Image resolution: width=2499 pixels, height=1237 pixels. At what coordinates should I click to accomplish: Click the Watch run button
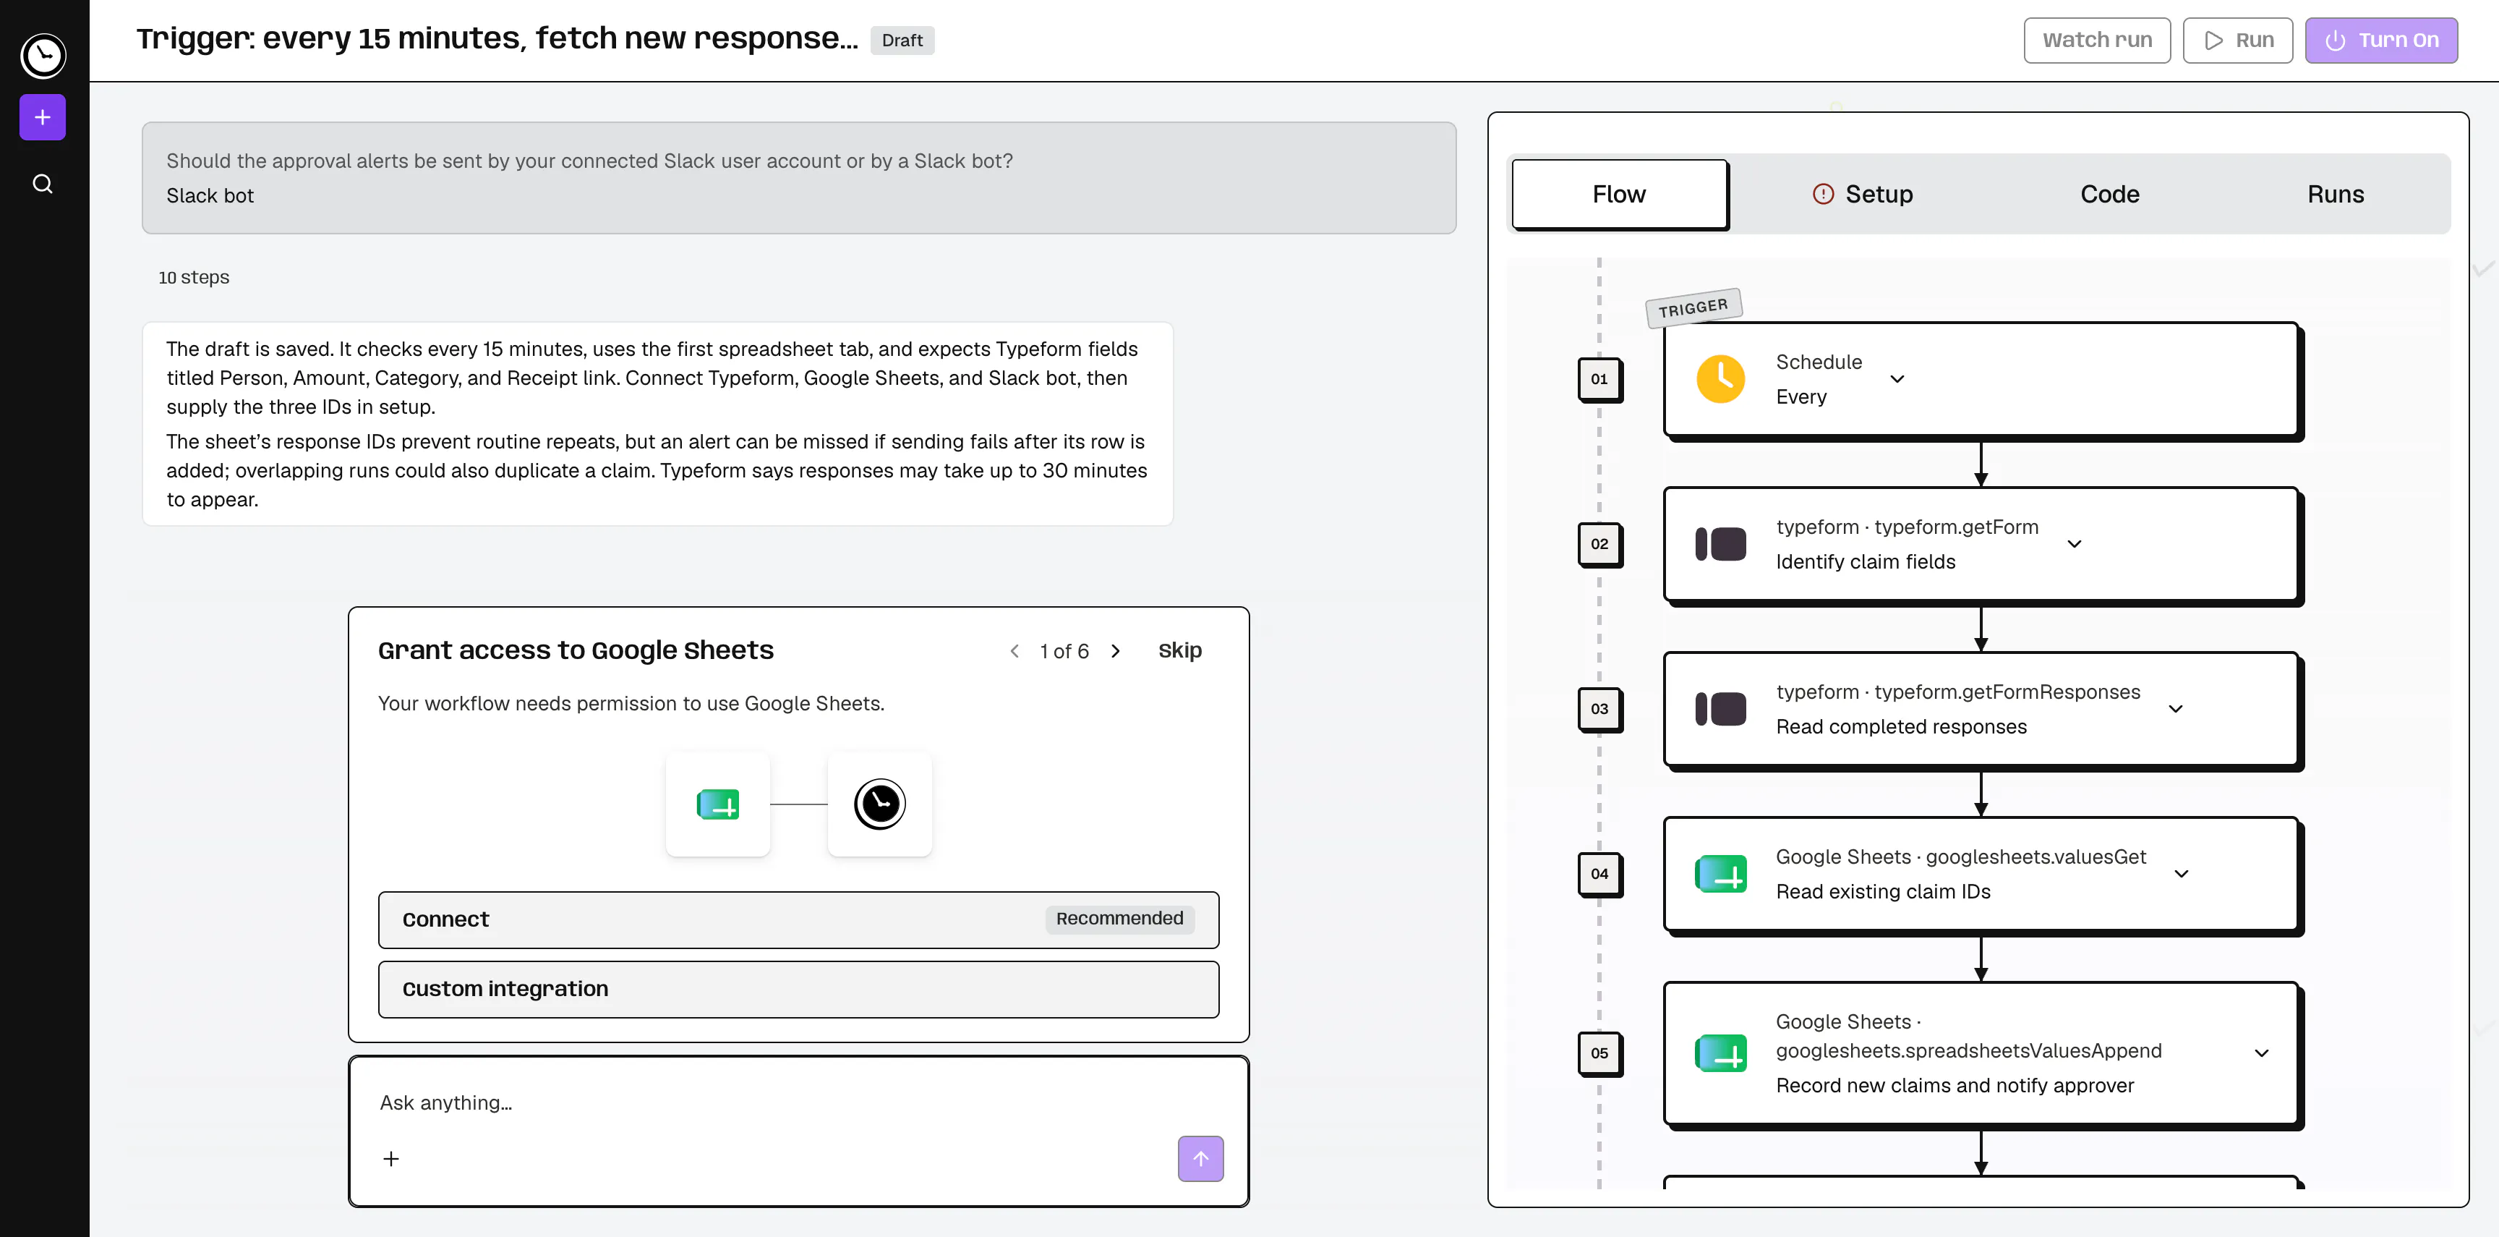click(x=2096, y=40)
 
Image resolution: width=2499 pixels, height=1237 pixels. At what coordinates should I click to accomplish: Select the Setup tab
click(x=1863, y=194)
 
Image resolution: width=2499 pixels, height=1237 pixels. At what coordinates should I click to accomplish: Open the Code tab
click(x=2110, y=194)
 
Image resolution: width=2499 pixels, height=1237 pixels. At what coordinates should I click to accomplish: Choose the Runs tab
click(x=2335, y=194)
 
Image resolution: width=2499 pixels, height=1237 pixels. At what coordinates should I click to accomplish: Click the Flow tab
click(x=1619, y=194)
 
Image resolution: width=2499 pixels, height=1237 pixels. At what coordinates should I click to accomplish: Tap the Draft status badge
click(x=902, y=40)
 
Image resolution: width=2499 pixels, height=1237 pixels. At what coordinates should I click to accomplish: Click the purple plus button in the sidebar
click(x=43, y=117)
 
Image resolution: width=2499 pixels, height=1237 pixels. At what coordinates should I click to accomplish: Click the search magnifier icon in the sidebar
click(x=43, y=183)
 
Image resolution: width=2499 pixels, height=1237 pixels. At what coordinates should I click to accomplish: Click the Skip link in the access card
click(x=1179, y=650)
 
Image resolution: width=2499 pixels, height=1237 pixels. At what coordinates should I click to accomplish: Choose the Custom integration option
click(x=798, y=989)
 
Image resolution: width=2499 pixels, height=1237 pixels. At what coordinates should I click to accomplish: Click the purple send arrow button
click(x=1200, y=1158)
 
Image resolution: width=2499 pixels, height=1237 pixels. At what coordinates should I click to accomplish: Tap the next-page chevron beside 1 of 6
click(x=1116, y=651)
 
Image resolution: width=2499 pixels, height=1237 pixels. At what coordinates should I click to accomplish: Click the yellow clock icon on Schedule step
click(x=1721, y=378)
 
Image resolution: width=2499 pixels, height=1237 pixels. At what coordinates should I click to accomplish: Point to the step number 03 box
click(x=1599, y=709)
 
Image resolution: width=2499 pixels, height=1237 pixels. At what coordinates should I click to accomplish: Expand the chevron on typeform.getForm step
click(x=2074, y=544)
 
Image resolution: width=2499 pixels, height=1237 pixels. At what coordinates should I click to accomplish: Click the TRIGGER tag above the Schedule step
click(x=1693, y=307)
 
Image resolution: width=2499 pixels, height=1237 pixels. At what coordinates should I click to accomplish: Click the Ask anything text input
click(x=798, y=1103)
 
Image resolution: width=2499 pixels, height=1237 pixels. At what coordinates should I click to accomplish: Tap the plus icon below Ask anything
click(x=391, y=1158)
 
